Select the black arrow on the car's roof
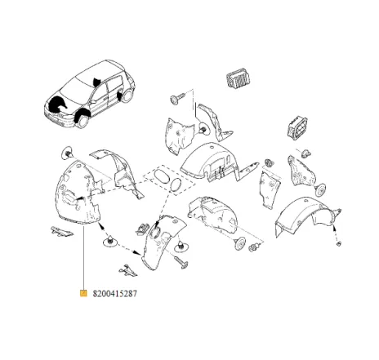pyautogui.click(x=98, y=81)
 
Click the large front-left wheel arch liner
pyautogui.click(x=78, y=196)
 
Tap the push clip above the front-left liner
pyautogui.click(x=66, y=153)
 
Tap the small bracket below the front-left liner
pyautogui.click(x=59, y=230)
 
